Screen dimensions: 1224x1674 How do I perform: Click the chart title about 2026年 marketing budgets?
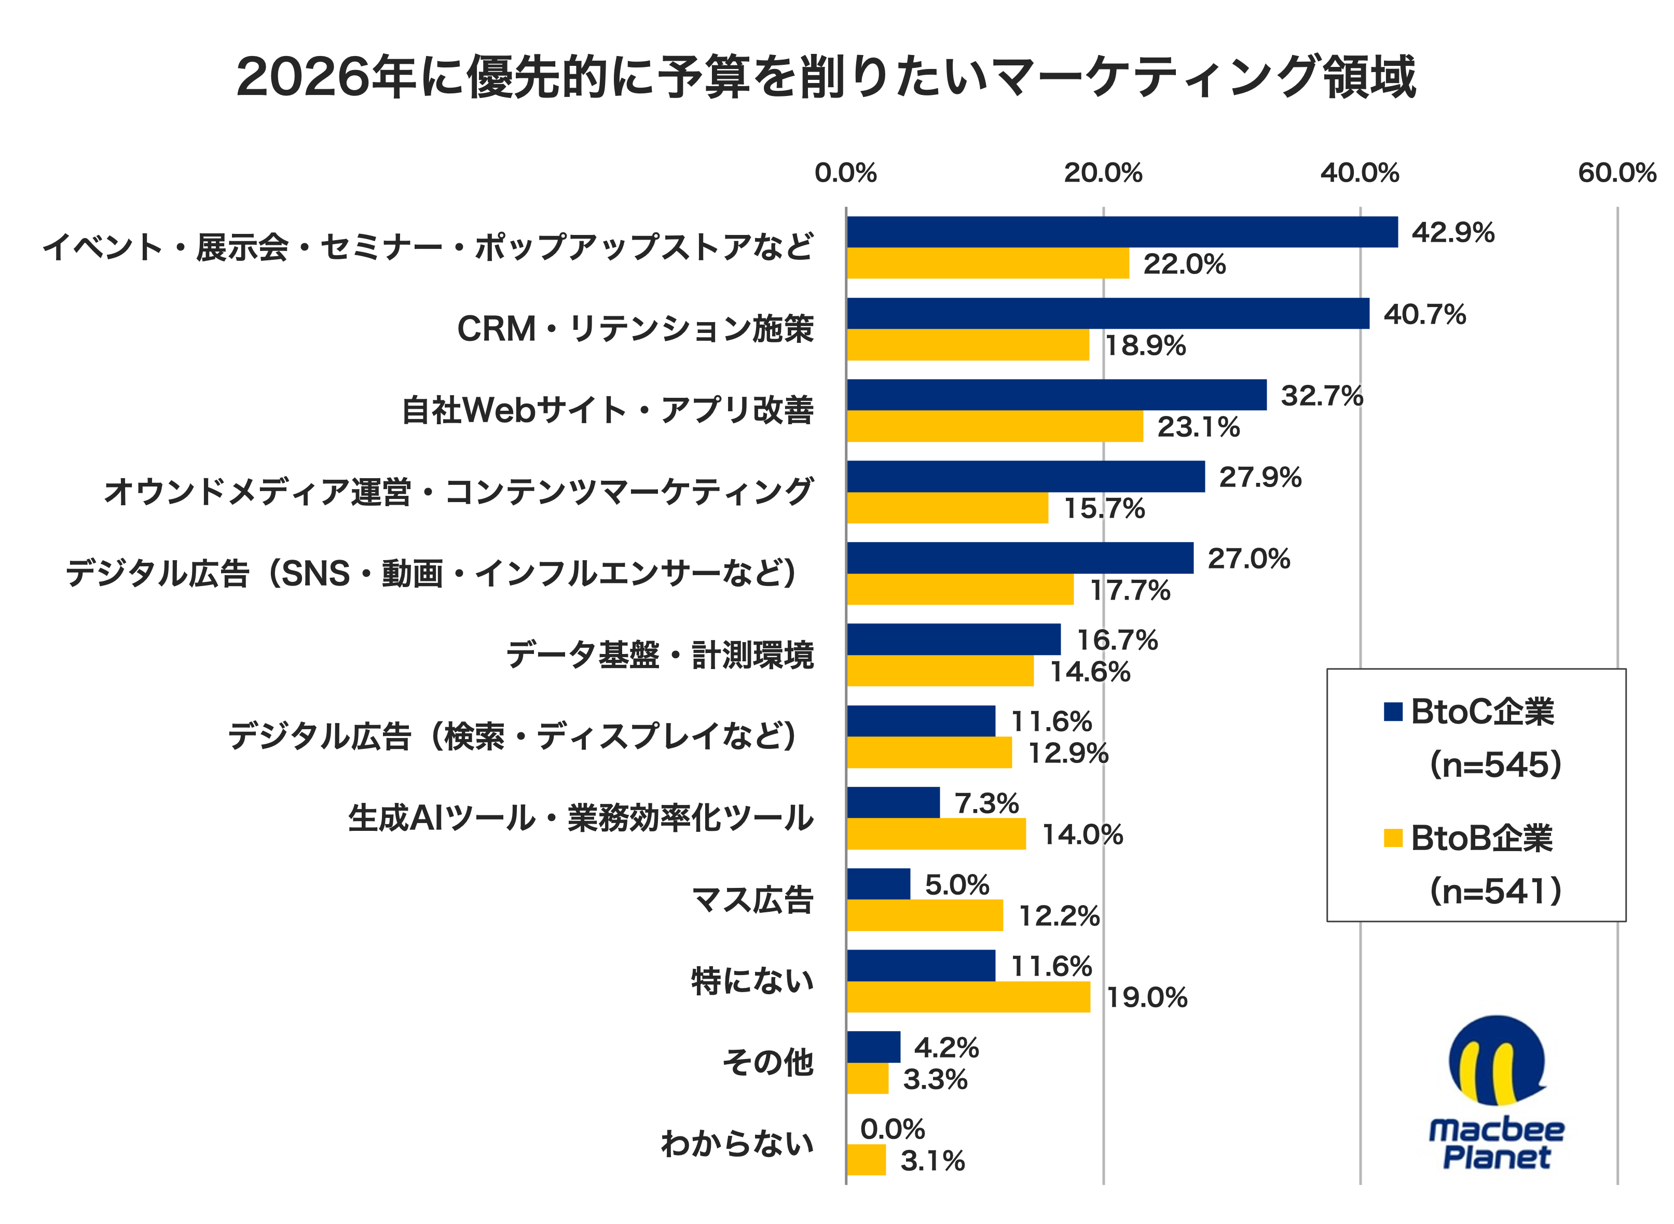tap(825, 77)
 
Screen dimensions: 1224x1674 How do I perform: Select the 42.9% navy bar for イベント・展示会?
tap(1122, 232)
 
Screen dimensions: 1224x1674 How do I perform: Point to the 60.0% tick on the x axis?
tap(1616, 173)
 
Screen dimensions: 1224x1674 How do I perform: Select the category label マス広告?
tap(752, 899)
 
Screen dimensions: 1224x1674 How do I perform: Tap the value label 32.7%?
tap(1322, 396)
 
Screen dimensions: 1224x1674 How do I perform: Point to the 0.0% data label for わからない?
tap(893, 1129)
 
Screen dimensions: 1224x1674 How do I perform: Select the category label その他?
tap(768, 1063)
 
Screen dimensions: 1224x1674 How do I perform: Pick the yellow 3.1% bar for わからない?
tap(866, 1160)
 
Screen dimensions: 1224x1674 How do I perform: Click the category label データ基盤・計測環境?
tap(660, 656)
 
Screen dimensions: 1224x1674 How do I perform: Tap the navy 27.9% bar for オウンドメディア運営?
tap(1025, 477)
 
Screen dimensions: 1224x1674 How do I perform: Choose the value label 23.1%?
tap(1198, 427)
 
